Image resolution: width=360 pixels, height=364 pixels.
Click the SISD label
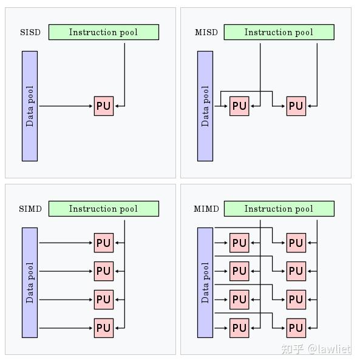30,32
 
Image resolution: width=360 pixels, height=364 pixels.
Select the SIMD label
30,209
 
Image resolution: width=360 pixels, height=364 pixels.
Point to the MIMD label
206,209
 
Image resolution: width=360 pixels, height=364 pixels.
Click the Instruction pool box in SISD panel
103,32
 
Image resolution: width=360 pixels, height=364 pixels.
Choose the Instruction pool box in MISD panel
279,32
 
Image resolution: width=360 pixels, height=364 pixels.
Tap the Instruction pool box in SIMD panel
103,209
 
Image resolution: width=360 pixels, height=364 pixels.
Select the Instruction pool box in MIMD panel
279,209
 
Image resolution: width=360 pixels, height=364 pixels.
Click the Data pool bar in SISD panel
30,106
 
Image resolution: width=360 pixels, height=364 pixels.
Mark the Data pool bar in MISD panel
205,106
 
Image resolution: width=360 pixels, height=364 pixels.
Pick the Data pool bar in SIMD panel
30,283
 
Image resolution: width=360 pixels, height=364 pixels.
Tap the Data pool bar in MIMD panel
205,283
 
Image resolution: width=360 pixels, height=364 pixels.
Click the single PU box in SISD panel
104,106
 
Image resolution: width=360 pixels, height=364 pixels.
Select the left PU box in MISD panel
240,106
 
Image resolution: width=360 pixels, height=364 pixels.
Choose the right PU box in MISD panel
296,106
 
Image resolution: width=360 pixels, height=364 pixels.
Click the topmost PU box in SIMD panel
104,243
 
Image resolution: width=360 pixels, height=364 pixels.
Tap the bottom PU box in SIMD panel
104,328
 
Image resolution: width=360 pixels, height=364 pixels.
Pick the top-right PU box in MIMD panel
296,243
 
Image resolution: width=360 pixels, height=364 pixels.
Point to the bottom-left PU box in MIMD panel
240,328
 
